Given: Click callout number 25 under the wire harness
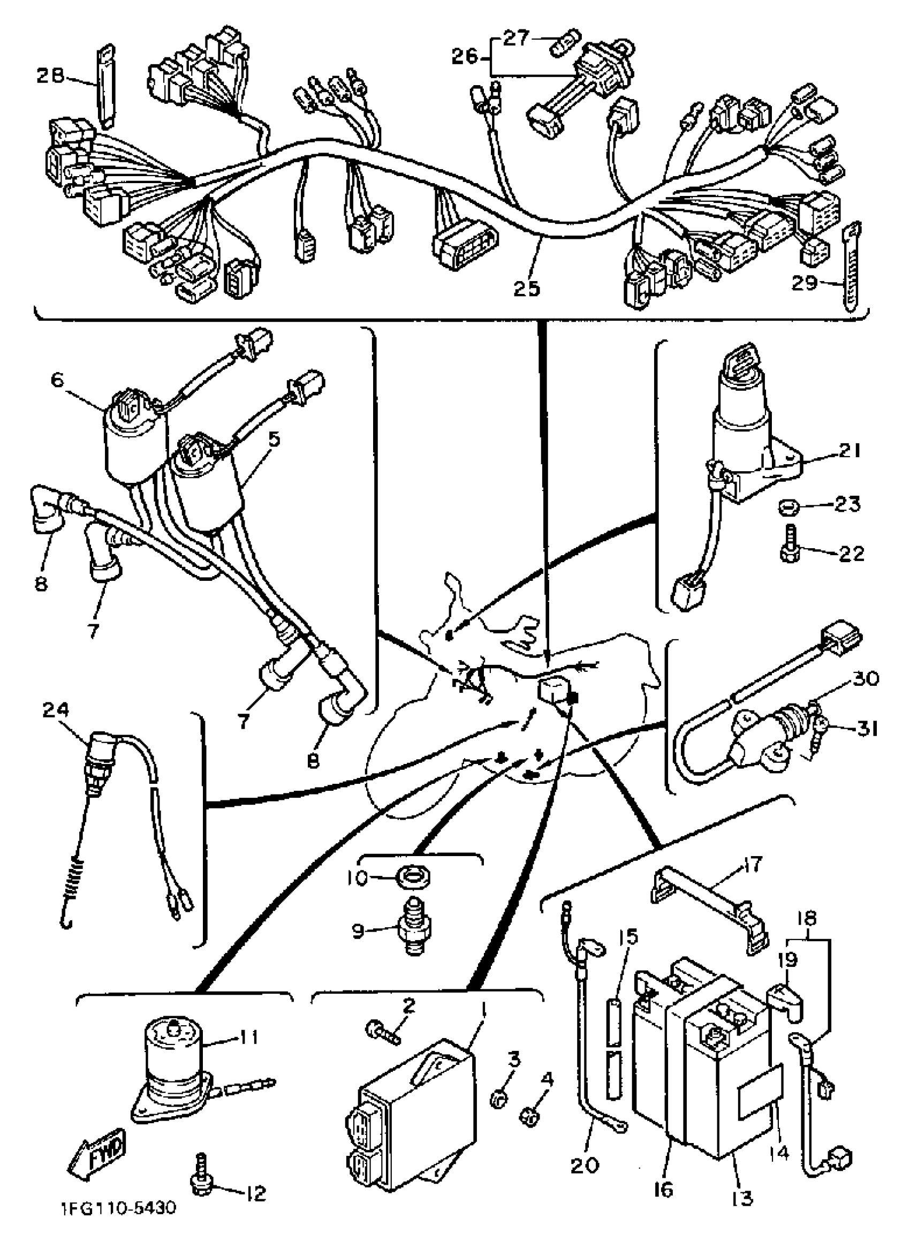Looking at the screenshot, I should pos(527,287).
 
